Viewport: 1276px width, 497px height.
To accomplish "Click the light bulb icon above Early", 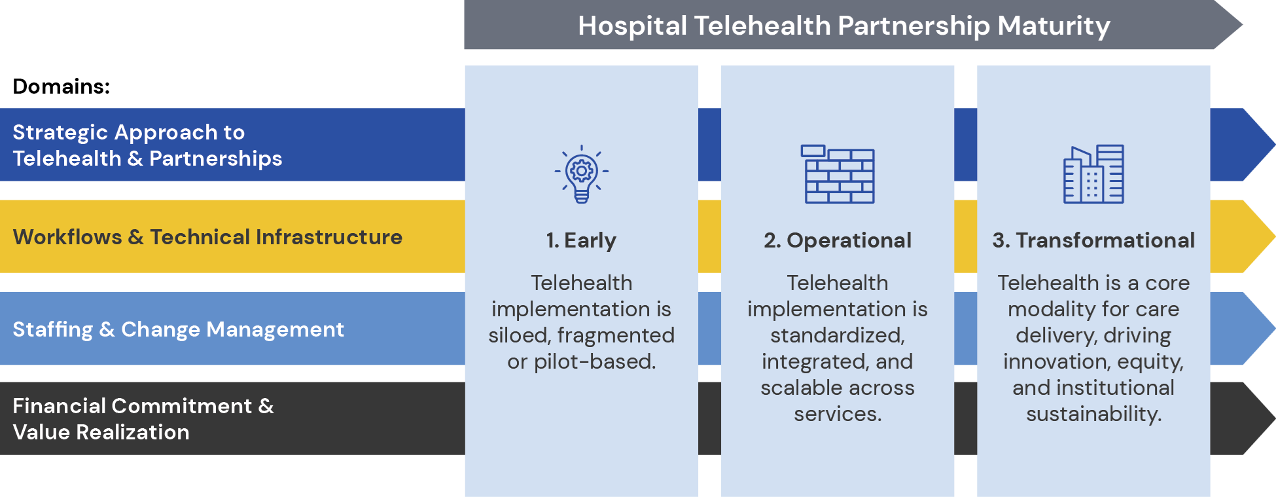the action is click(582, 174).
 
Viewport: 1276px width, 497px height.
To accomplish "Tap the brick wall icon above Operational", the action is click(838, 174).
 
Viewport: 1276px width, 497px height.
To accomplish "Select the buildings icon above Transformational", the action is click(1093, 174).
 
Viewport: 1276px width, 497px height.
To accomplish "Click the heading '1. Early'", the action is click(581, 241).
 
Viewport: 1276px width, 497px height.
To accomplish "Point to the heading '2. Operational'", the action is click(838, 241).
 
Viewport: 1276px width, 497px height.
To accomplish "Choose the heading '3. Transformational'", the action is click(1093, 240).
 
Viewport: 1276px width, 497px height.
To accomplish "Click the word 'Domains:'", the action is click(62, 86).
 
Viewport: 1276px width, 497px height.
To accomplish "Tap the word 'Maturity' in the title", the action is click(1054, 26).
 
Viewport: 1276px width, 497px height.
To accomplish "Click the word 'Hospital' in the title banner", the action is click(632, 26).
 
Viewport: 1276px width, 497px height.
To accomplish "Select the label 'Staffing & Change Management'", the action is click(178, 329).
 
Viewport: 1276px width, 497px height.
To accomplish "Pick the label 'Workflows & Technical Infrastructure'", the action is click(207, 237).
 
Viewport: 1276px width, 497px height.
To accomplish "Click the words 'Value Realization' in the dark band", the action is click(101, 432).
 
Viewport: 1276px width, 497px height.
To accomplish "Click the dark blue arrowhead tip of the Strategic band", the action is click(1274, 145).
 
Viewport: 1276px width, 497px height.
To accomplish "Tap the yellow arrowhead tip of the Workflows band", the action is click(1274, 236).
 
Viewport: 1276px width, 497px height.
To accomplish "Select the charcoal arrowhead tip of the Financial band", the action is click(1274, 418).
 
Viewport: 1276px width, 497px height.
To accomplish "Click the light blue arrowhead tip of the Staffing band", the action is click(1274, 328).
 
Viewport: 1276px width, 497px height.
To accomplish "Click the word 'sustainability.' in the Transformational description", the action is click(1093, 414).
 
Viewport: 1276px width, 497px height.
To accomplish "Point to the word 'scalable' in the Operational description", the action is click(796, 388).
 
